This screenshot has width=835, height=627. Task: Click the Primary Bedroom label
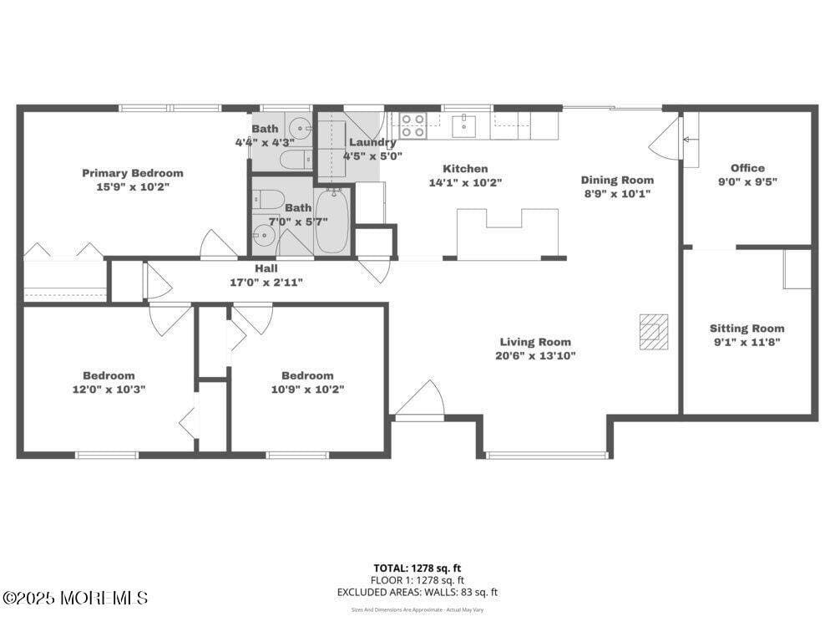click(x=132, y=173)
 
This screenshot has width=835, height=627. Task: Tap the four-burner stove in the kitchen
click(x=412, y=125)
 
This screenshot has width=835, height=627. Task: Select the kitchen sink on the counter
click(x=464, y=126)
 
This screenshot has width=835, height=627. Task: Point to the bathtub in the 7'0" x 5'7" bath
click(x=332, y=221)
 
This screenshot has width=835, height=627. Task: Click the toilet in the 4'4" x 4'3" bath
click(x=294, y=159)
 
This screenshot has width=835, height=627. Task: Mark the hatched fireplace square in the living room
click(x=654, y=331)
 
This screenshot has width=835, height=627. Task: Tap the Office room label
click(x=747, y=168)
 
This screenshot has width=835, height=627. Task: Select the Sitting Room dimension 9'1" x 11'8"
click(x=747, y=342)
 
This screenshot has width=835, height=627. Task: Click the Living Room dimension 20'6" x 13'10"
click(x=535, y=355)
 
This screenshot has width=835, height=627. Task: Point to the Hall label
click(x=266, y=268)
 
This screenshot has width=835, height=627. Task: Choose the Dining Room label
click(x=617, y=180)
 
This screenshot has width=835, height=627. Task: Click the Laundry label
click(x=372, y=142)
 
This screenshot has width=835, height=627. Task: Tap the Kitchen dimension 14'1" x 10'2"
click(x=465, y=182)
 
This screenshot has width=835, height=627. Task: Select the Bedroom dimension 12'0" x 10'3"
click(x=109, y=389)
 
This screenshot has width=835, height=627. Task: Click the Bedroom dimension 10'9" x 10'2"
click(x=307, y=389)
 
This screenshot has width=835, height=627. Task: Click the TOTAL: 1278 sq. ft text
click(x=417, y=568)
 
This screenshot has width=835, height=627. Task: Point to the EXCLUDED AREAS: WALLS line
click(x=417, y=592)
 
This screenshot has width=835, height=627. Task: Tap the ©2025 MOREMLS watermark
click(x=75, y=598)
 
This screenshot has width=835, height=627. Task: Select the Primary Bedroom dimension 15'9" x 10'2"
click(x=132, y=187)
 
